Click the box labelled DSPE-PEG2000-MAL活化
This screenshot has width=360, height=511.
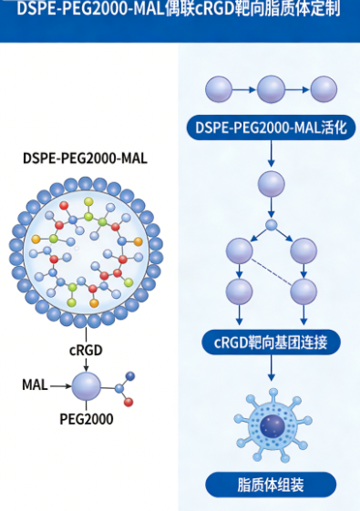pos(271,128)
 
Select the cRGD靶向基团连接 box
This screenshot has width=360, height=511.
pos(271,342)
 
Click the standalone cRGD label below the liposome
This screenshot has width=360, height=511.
pos(85,349)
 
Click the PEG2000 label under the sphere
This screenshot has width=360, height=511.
pos(85,420)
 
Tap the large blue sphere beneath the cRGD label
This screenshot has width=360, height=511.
pos(86,386)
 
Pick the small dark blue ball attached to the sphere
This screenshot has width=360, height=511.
pos(129,375)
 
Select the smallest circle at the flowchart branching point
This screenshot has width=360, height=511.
pos(271,225)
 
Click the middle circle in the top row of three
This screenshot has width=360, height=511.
pos(272,89)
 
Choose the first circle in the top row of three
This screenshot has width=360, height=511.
pos(220,89)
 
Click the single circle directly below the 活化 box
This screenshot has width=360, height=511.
pos(271,185)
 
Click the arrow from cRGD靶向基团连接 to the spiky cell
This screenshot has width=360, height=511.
pos(271,369)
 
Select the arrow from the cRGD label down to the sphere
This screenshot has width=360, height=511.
pos(85,363)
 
